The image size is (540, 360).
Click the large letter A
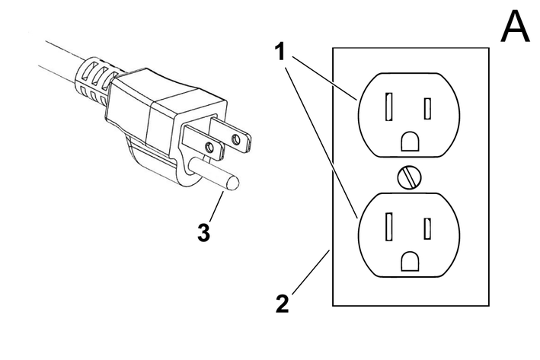tap(515, 28)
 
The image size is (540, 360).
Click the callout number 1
tap(280, 53)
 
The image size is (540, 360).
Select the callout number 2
tap(282, 304)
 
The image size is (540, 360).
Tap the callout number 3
tap(203, 233)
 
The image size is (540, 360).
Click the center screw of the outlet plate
tap(410, 177)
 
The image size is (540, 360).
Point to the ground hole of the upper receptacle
tap(410, 142)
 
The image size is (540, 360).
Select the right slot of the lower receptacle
tap(428, 228)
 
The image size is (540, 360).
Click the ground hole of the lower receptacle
tap(410, 262)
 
